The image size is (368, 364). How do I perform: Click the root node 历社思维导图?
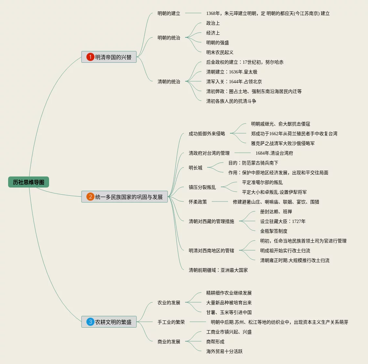(29, 182)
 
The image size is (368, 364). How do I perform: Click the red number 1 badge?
(90, 57)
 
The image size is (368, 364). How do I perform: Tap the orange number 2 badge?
(90, 197)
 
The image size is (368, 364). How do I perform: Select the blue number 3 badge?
(90, 322)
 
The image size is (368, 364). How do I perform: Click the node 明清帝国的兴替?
(113, 57)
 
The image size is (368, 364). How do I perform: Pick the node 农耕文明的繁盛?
(113, 322)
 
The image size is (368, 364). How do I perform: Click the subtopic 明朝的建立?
(169, 13)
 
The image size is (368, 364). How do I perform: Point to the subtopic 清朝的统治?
(169, 82)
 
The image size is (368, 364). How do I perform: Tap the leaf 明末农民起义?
(220, 52)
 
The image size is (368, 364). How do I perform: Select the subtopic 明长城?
(195, 168)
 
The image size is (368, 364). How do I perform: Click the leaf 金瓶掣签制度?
(273, 231)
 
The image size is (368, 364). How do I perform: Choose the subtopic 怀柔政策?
(197, 202)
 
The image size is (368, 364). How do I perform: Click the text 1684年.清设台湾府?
(274, 153)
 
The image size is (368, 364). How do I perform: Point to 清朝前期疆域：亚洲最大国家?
(218, 270)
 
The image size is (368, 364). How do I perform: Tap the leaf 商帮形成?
(215, 342)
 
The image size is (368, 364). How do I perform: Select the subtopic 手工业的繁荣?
(171, 322)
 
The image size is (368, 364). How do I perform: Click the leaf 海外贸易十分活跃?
(224, 351)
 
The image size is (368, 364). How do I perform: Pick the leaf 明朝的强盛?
(217, 43)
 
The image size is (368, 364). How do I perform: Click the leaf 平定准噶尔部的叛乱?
(262, 182)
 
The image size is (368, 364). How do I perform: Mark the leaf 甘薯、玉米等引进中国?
(229, 312)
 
